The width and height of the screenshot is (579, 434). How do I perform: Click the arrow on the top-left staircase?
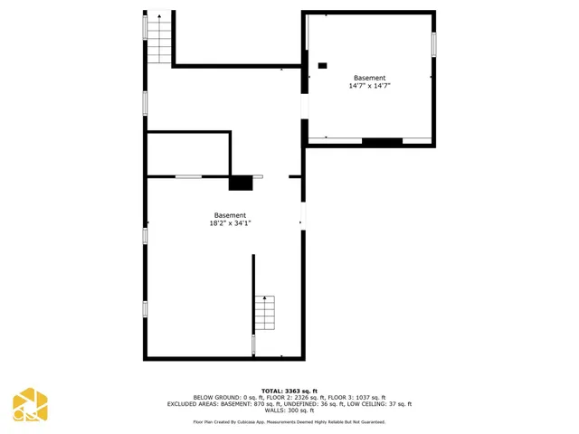pyautogui.click(x=159, y=16)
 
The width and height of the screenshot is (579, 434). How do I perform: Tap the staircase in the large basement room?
pyautogui.click(x=263, y=313)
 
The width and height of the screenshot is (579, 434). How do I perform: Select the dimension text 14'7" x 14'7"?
pyautogui.click(x=370, y=87)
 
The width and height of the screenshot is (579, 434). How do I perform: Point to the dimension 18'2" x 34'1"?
pyautogui.click(x=230, y=223)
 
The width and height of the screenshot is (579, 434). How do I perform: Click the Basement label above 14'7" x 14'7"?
pyautogui.click(x=370, y=78)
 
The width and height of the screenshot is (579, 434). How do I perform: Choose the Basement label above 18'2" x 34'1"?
pyautogui.click(x=230, y=215)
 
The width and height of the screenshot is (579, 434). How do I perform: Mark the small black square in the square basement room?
pyautogui.click(x=322, y=66)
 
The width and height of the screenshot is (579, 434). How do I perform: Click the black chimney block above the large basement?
pyautogui.click(x=240, y=183)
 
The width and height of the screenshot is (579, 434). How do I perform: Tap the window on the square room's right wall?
pyautogui.click(x=433, y=43)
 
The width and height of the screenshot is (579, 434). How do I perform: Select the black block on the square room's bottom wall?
pyautogui.click(x=382, y=141)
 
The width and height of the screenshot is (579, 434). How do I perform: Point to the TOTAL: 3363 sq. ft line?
pyautogui.click(x=289, y=391)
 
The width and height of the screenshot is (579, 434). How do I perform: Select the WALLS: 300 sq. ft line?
pyautogui.click(x=289, y=410)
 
